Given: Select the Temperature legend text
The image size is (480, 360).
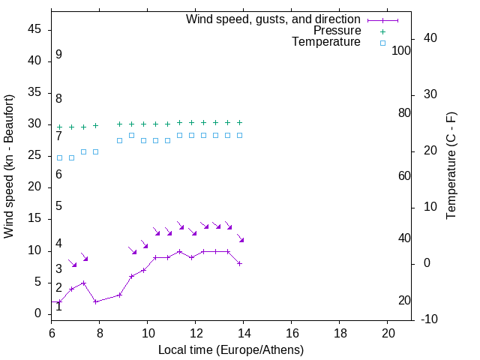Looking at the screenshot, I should coord(326,42).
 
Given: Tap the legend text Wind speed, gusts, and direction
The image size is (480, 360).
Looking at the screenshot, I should coord(273,19).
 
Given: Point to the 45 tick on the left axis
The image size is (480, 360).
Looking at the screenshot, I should coord(34,29).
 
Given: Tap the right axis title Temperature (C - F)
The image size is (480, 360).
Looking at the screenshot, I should coord(451,166).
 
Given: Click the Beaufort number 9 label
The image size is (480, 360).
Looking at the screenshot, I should coord(58,55).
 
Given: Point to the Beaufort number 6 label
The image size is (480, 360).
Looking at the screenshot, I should coord(58,175).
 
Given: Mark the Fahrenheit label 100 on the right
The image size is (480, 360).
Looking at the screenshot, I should coord(402,50).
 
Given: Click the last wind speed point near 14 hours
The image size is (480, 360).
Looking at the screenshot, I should coord(239,263).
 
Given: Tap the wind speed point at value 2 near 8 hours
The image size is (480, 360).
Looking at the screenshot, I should coord(96,301).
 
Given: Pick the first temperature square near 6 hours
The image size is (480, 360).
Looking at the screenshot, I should coord(60,157).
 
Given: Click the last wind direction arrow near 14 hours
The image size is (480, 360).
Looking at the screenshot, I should coord(241,239).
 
